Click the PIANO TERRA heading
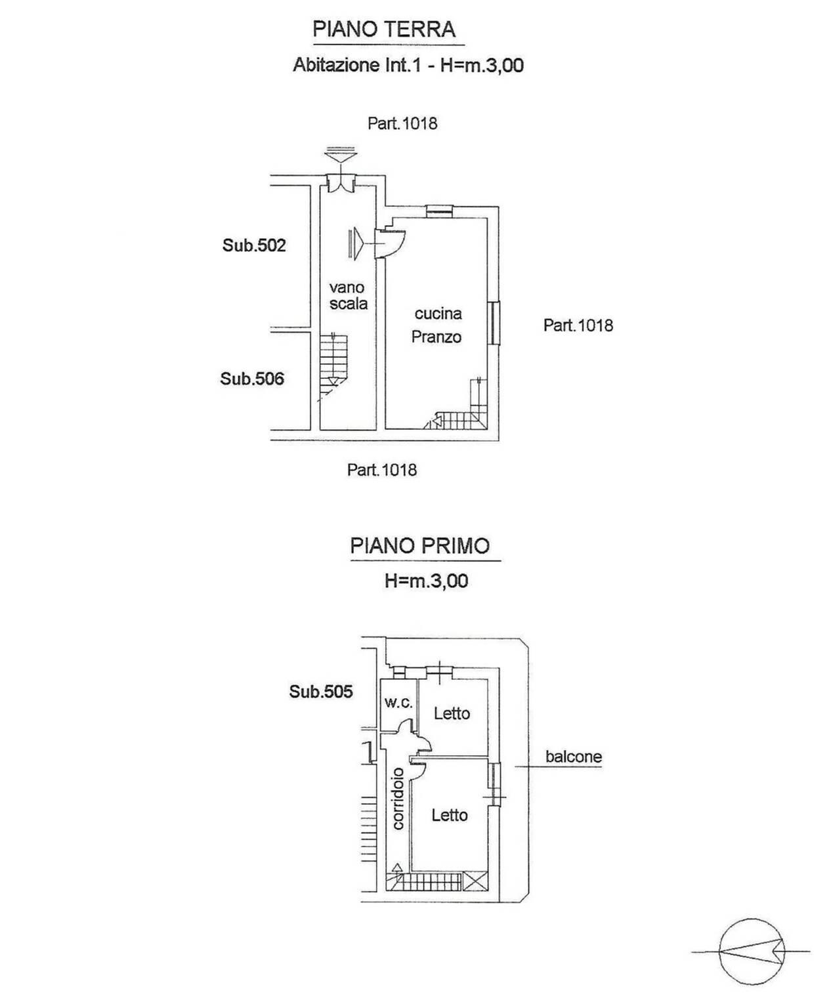[384, 30]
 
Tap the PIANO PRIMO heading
[420, 545]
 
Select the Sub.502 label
[254, 245]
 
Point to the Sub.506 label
[252, 379]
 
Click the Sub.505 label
[321, 692]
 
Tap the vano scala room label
[348, 296]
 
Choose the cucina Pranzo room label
[437, 325]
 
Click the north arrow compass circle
[751, 952]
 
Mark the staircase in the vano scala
[333, 367]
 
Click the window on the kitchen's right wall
[494, 323]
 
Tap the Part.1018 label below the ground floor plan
[381, 471]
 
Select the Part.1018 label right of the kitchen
[578, 325]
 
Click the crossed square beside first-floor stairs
[476, 881]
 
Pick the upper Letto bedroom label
[452, 713]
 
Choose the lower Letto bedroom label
[450, 815]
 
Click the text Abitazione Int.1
[358, 65]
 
